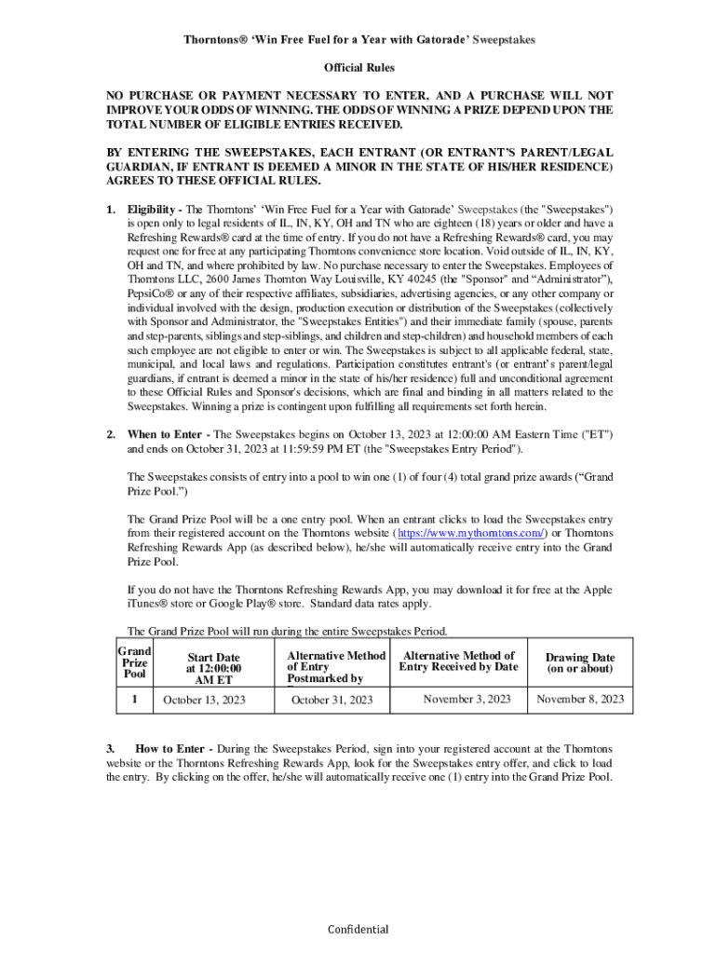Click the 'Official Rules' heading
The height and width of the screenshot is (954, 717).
point(358,68)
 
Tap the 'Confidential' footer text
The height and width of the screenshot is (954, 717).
point(358,929)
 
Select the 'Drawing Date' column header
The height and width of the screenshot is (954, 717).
point(580,663)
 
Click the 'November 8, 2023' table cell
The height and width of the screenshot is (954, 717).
point(580,700)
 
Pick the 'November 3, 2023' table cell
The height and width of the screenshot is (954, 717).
point(467,699)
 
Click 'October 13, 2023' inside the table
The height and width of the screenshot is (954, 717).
point(204,700)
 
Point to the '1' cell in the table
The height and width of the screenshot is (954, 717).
point(134,699)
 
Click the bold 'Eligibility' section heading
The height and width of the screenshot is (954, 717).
point(152,211)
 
